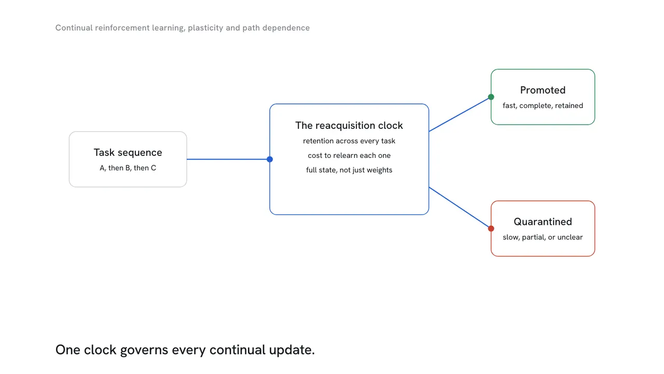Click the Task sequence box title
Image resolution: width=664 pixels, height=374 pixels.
click(128, 152)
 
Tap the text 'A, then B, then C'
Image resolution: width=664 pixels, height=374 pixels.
click(128, 168)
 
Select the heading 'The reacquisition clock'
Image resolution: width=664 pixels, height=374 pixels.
click(349, 126)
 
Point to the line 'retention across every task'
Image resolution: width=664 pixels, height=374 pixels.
click(349, 141)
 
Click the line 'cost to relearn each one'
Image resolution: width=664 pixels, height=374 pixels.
click(349, 155)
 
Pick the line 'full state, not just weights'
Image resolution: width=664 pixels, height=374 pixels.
click(349, 170)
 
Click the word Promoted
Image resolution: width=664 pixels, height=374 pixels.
click(543, 90)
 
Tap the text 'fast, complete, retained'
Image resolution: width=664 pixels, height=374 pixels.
click(543, 105)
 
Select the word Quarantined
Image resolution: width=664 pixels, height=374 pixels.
click(543, 222)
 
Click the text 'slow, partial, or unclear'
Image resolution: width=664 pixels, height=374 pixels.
click(543, 237)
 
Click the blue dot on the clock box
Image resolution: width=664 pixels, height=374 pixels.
click(270, 159)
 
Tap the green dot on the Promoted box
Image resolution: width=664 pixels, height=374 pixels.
click(491, 97)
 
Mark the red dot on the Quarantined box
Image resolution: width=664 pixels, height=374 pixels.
click(491, 229)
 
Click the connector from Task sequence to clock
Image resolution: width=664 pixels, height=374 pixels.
click(228, 159)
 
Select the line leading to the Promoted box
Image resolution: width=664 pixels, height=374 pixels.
click(460, 114)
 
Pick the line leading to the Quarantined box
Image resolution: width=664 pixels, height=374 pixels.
click(460, 208)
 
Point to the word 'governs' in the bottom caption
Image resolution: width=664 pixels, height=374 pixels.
click(144, 350)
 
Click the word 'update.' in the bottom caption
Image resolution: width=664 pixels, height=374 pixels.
click(292, 350)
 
